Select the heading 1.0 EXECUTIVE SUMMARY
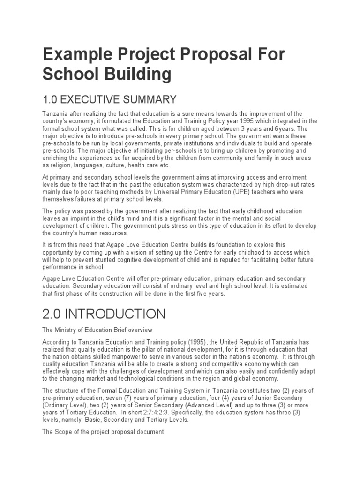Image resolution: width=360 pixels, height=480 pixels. pos(110,99)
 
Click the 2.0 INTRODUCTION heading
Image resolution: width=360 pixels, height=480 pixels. pos(104,313)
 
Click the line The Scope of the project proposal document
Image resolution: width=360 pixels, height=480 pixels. pos(103,432)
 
